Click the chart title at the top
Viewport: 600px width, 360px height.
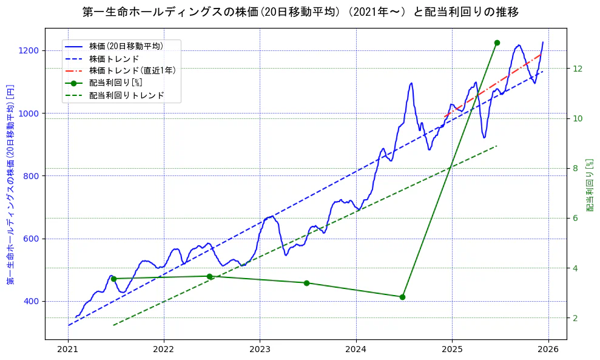point(300,12)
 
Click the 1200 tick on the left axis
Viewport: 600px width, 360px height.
point(30,50)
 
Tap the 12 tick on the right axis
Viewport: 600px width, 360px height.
point(577,68)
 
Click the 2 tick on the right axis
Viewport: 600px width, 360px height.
point(575,318)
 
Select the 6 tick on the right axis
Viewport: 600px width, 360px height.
point(575,218)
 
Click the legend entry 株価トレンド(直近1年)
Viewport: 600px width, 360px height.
point(132,70)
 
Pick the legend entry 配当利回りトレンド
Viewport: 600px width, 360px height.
point(126,95)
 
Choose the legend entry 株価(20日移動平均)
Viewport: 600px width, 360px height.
point(126,46)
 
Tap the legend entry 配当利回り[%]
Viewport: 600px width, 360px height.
point(115,83)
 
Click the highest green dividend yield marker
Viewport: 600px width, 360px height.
point(497,42)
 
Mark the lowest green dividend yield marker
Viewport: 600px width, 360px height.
point(402,297)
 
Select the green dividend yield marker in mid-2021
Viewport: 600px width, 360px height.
point(113,279)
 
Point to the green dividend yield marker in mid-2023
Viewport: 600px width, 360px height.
point(306,283)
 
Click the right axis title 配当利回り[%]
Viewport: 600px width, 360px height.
point(590,185)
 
